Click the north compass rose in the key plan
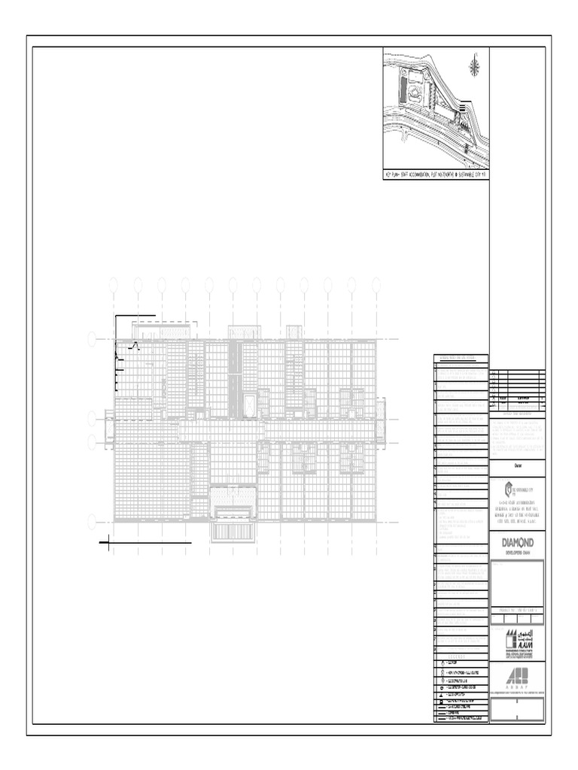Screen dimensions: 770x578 [x=474, y=68]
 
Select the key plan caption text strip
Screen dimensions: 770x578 [x=435, y=174]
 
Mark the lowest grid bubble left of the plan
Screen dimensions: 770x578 [x=93, y=520]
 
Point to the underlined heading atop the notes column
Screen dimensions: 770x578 [x=461, y=358]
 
